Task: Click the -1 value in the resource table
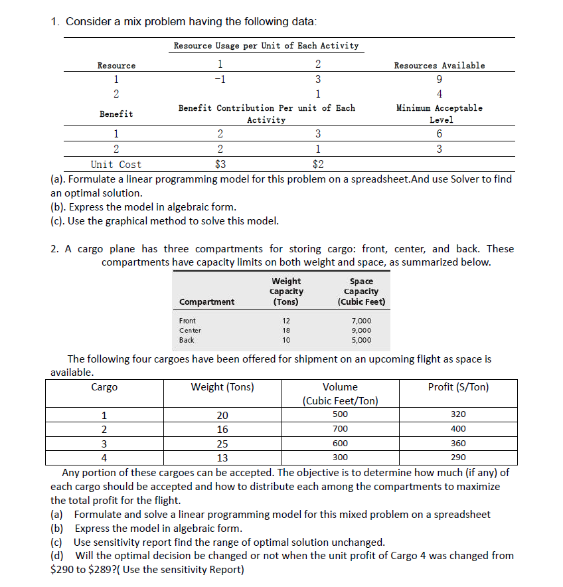click(x=220, y=78)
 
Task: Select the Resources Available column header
click(x=439, y=65)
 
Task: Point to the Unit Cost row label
click(x=116, y=164)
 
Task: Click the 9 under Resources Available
click(x=440, y=78)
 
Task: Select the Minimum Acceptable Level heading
click(x=439, y=114)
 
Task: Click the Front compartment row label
click(x=187, y=321)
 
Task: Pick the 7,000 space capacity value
click(x=361, y=321)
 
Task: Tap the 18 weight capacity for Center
click(x=287, y=330)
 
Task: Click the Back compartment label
click(x=187, y=340)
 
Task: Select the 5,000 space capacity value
click(x=361, y=340)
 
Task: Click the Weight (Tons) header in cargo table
click(x=222, y=387)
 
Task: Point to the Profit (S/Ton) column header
click(x=458, y=387)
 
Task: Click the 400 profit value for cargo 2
click(x=458, y=429)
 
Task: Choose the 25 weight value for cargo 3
click(x=222, y=444)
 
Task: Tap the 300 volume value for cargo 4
click(x=340, y=458)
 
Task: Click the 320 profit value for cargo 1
click(x=458, y=414)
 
